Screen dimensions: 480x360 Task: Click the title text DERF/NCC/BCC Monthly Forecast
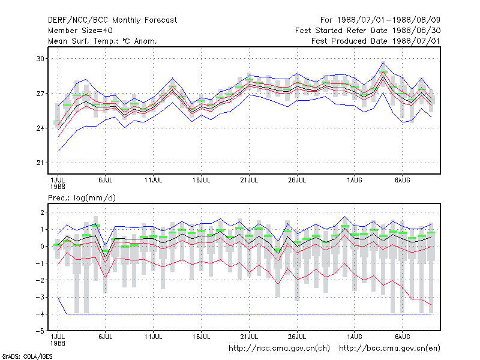(112, 20)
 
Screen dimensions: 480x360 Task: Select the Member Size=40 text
(80, 31)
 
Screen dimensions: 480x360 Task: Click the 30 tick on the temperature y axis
(40, 58)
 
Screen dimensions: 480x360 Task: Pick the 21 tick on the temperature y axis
(40, 163)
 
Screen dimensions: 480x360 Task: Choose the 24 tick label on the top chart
(40, 128)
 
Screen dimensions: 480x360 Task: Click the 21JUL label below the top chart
(249, 180)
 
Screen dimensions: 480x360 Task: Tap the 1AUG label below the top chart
(355, 180)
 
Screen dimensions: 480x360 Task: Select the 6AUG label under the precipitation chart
(402, 337)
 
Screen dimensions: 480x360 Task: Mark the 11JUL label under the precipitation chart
(154, 337)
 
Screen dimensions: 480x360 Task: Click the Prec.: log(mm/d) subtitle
(82, 198)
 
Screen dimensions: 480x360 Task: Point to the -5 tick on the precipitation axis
(40, 331)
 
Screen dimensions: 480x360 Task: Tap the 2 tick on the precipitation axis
(42, 212)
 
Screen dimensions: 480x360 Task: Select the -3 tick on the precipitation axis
(40, 297)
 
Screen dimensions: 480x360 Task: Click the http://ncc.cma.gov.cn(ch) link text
(279, 349)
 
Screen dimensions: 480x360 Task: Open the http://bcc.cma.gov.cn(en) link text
(389, 349)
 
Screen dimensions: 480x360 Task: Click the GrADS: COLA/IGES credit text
(27, 356)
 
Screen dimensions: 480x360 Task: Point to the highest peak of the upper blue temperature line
(383, 62)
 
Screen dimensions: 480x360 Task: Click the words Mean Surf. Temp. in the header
(82, 41)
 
